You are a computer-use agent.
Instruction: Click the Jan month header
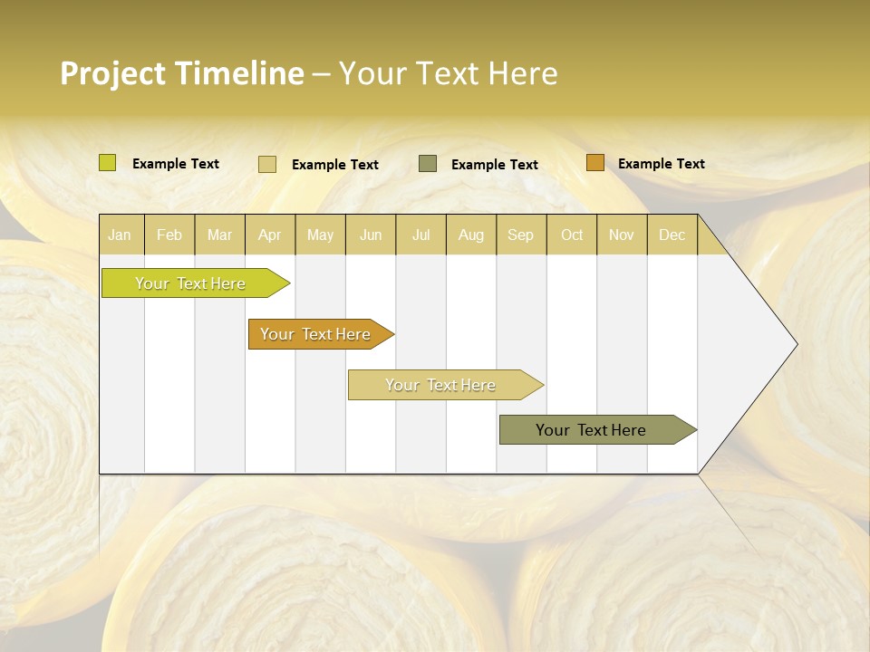click(121, 235)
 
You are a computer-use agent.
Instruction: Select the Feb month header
click(169, 235)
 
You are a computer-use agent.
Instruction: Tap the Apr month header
click(270, 235)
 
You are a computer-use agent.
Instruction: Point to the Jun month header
click(371, 235)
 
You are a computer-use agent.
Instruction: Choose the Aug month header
click(471, 235)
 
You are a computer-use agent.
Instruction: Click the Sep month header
click(521, 235)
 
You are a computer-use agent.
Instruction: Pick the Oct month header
click(572, 235)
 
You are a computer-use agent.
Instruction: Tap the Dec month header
click(672, 235)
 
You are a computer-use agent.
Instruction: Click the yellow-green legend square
click(108, 163)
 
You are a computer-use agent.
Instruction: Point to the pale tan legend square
click(267, 164)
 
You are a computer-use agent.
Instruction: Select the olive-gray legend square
click(428, 163)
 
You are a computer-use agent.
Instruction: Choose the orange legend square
click(594, 163)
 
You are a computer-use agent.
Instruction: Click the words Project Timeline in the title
click(182, 73)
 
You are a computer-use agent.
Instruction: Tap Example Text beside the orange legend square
click(661, 164)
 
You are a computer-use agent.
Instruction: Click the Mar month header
click(219, 235)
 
